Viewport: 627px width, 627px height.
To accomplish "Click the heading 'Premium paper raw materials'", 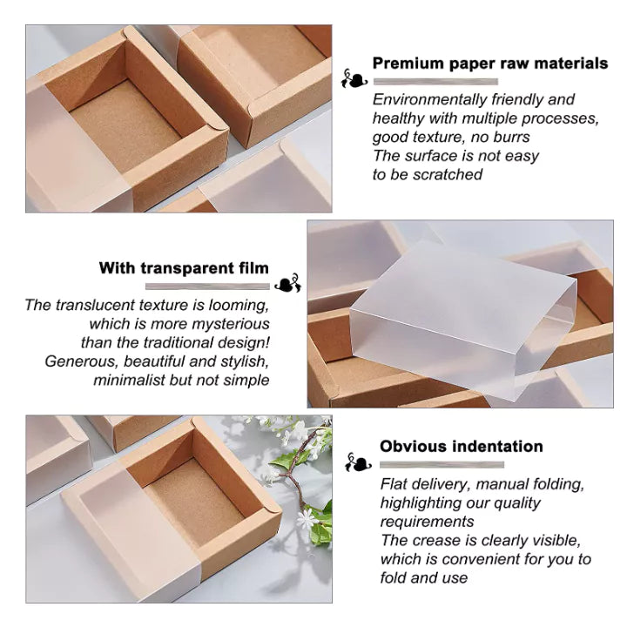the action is tap(490, 64).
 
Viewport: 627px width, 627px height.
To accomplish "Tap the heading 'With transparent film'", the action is tap(184, 268).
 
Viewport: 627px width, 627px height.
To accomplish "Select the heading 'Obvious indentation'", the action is tap(462, 446).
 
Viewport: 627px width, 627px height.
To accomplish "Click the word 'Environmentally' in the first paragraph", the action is tap(430, 99).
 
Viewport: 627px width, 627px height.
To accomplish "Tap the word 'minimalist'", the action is tap(129, 380).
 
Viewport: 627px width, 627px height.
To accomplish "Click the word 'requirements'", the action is tap(427, 522).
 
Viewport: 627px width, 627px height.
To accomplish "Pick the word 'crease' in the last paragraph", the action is tap(436, 541).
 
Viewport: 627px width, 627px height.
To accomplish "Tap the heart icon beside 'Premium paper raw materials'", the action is tap(354, 79).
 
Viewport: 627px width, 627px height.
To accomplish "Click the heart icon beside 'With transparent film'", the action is tap(288, 284).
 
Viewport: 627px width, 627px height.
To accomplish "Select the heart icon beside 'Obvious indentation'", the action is tap(358, 462).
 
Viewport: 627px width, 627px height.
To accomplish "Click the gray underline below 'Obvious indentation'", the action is tap(442, 465).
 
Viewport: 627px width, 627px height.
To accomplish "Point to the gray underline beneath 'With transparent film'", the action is tap(207, 287).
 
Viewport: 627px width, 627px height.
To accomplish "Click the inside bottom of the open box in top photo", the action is tap(125, 125).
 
